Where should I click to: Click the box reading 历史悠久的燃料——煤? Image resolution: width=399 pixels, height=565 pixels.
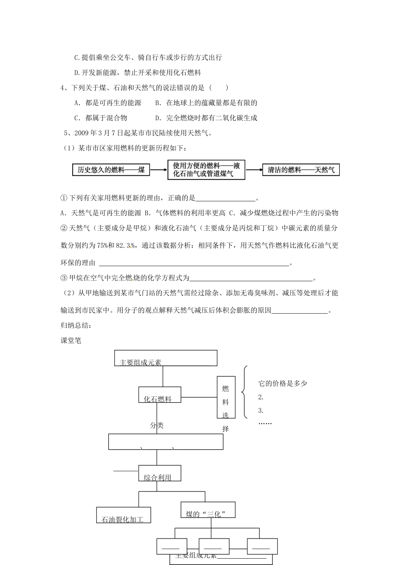111,170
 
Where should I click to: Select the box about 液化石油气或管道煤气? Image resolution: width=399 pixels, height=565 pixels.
206,170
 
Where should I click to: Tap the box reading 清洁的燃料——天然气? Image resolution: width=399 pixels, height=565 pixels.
301,170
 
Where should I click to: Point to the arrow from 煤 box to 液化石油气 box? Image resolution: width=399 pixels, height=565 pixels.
158,170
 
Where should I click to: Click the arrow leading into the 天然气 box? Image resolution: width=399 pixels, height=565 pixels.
254,170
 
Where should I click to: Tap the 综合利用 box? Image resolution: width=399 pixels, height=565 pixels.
160,474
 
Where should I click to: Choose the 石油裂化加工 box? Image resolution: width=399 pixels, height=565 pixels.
123,516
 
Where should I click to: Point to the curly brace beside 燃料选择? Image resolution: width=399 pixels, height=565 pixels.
244,393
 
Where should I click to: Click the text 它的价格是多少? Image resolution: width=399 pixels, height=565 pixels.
283,383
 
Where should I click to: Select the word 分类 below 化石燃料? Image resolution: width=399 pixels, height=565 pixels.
157,425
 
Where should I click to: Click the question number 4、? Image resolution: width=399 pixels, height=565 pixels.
64,88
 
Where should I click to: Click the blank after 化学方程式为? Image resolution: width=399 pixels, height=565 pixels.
251,278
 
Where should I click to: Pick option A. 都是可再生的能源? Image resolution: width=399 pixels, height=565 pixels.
108,103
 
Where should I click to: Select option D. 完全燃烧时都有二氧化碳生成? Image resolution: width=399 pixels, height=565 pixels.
206,118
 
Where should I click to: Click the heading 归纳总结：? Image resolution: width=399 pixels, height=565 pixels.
76,325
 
